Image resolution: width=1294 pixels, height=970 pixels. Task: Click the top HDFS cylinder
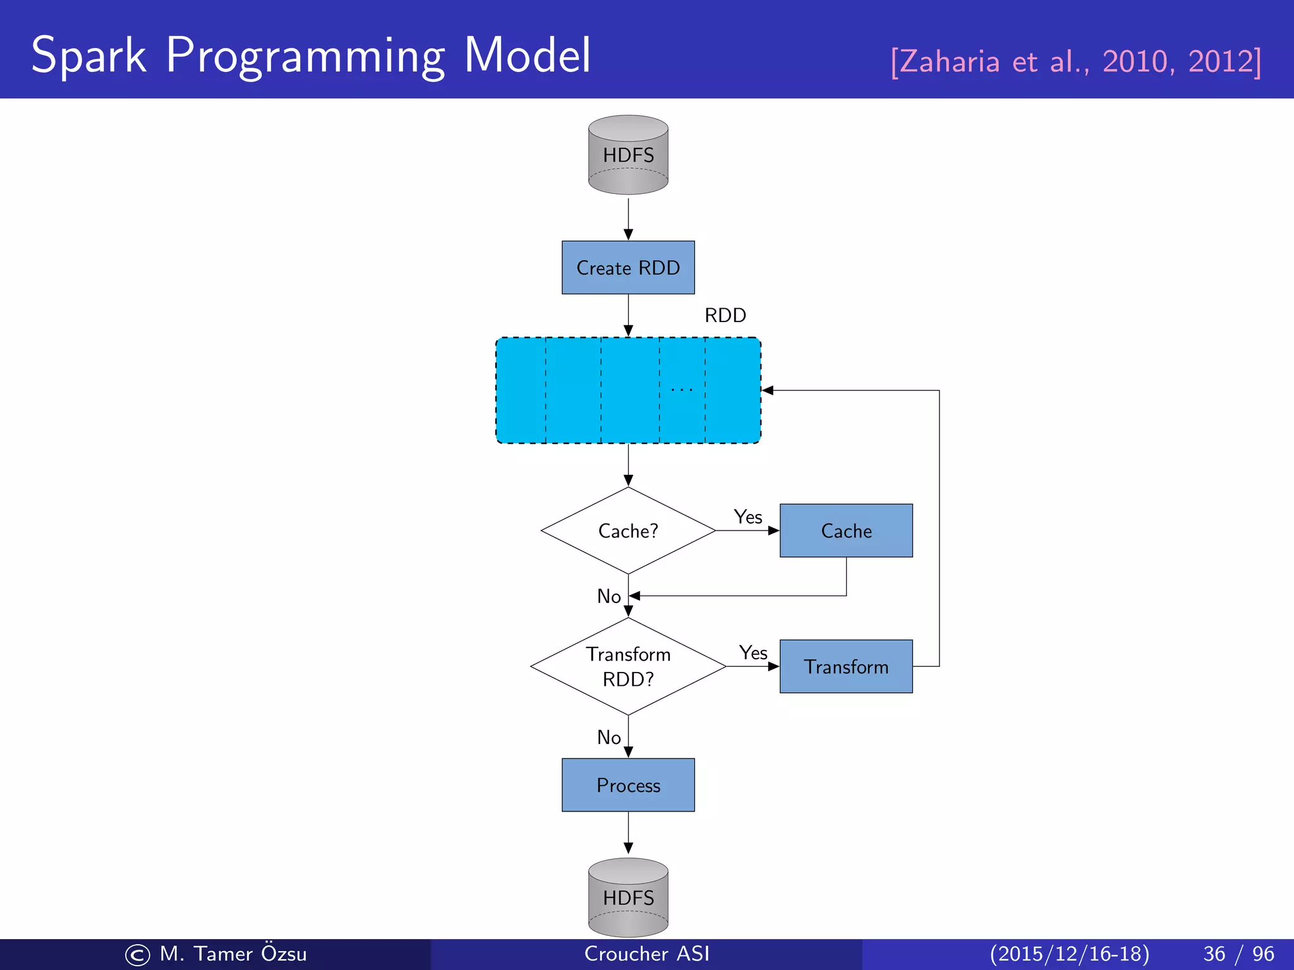click(628, 155)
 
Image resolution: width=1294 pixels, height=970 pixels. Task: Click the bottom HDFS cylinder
click(628, 897)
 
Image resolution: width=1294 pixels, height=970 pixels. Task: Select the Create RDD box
click(628, 268)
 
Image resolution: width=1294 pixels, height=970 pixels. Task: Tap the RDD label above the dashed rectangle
click(725, 315)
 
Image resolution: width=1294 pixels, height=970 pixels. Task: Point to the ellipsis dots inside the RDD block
click(682, 390)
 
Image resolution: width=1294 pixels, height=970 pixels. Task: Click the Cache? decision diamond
click(628, 530)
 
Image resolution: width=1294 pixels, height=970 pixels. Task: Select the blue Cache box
click(846, 530)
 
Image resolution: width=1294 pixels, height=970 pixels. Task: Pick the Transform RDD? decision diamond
click(628, 666)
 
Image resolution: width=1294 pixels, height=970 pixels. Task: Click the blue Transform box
click(846, 666)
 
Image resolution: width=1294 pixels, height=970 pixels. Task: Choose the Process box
click(628, 785)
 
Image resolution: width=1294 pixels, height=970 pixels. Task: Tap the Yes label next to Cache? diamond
click(748, 517)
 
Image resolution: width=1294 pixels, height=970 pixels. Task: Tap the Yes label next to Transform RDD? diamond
click(753, 652)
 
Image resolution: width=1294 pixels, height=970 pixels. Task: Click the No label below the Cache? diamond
click(609, 596)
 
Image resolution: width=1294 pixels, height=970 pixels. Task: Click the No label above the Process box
click(609, 737)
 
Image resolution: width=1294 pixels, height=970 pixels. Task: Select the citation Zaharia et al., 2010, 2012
click(1075, 62)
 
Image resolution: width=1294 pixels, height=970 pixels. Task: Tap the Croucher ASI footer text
click(646, 954)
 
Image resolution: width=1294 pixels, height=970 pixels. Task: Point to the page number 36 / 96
click(1238, 954)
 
